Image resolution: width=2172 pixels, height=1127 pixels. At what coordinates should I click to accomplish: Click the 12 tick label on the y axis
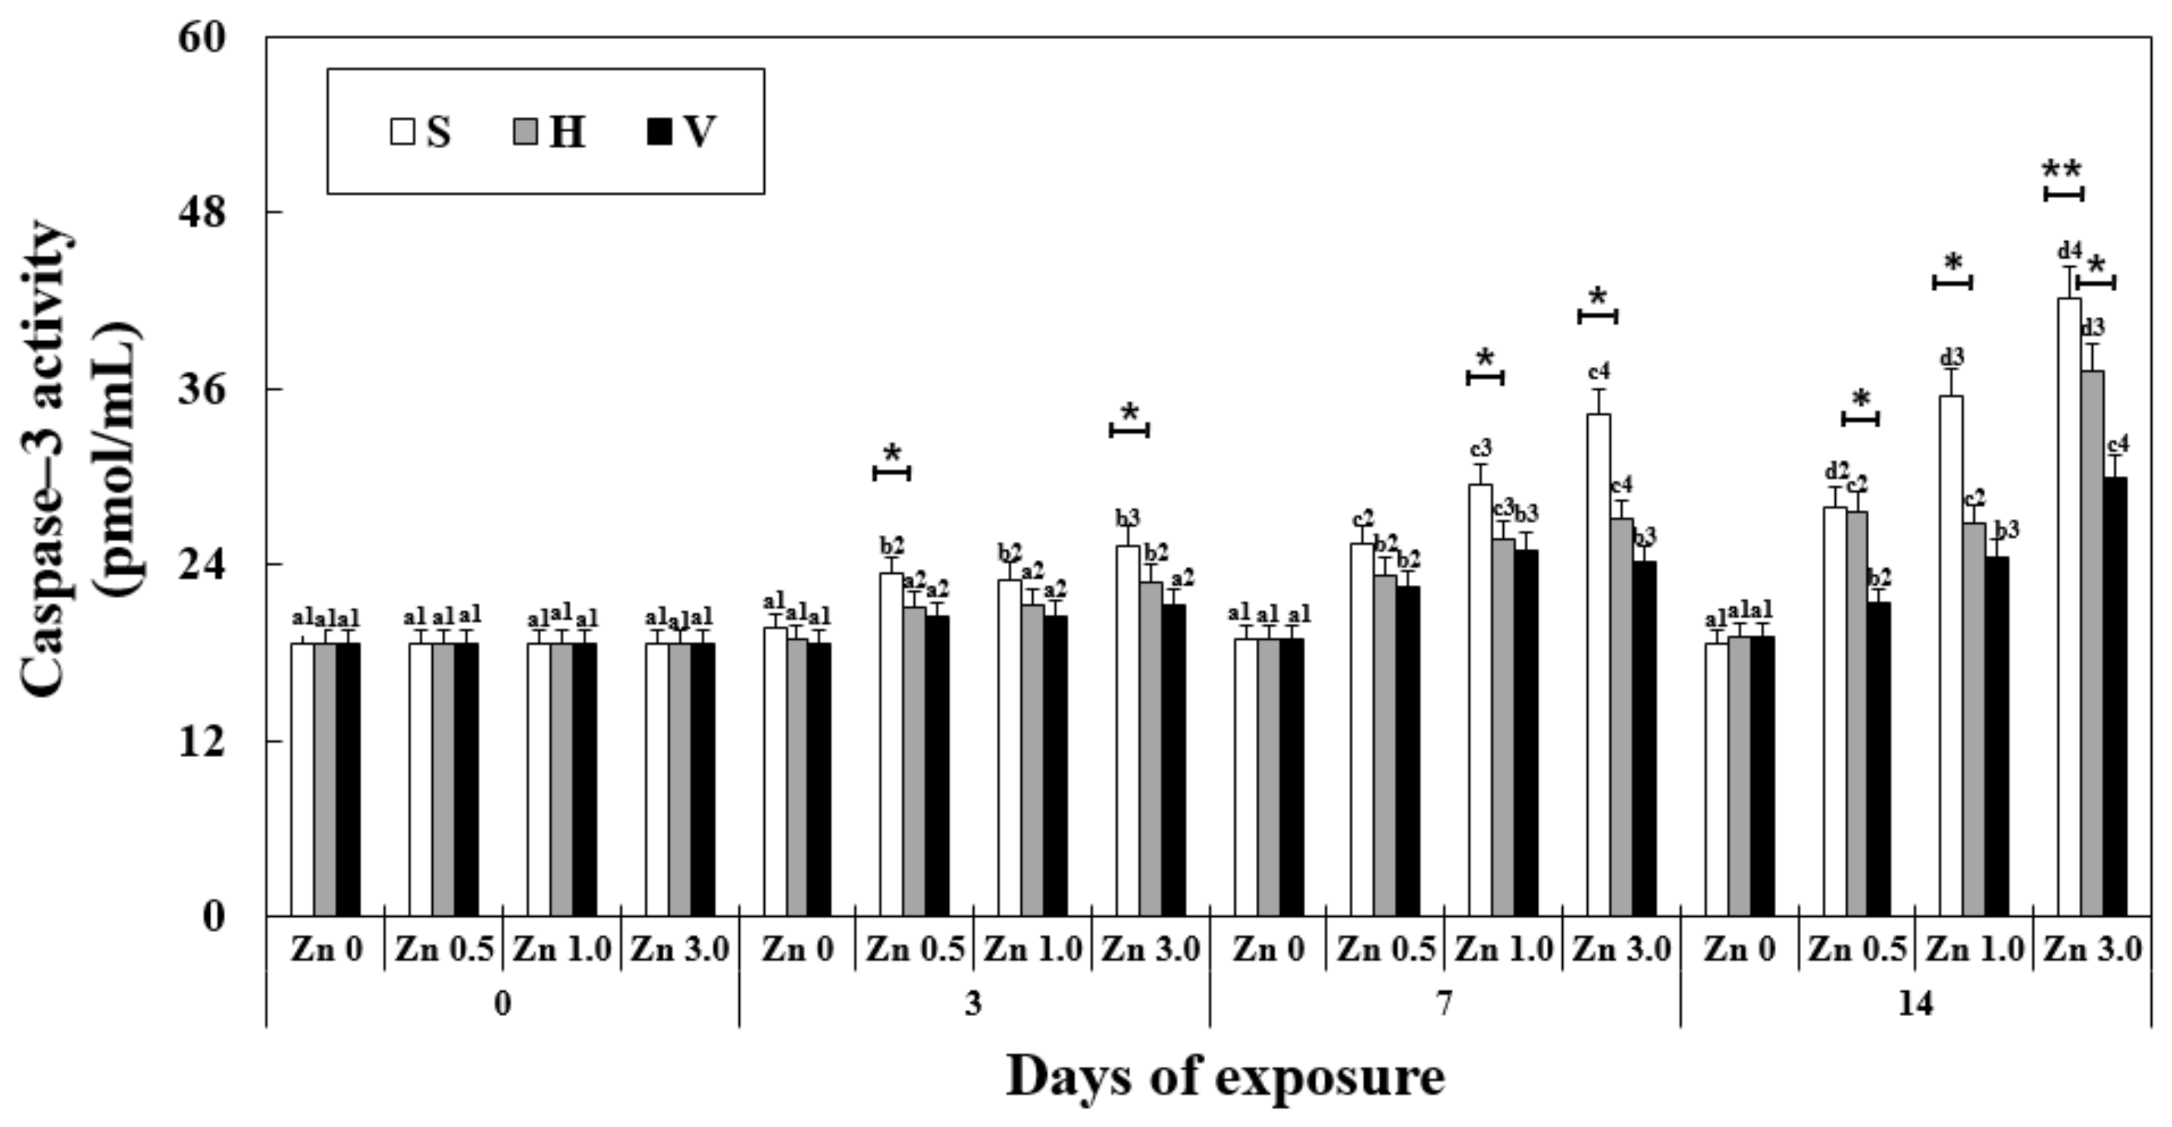point(203,741)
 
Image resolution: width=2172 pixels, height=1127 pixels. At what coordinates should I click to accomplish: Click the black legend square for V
point(659,132)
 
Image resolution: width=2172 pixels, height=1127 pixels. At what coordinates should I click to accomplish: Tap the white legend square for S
point(403,132)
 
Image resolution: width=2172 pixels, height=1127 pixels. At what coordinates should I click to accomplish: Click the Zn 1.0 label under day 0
point(561,950)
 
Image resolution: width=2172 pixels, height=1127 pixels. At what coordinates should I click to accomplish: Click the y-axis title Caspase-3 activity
point(46,459)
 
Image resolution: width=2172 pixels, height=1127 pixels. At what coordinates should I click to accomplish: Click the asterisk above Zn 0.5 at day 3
point(892,453)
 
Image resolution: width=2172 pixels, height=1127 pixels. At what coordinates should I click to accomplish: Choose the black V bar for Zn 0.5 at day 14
point(1879,759)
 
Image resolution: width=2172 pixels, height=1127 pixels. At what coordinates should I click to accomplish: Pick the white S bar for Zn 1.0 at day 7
point(1481,700)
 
